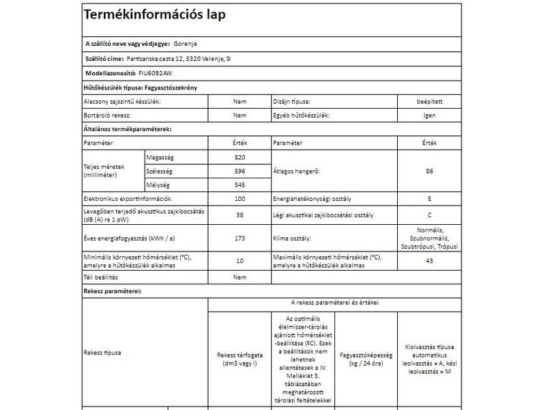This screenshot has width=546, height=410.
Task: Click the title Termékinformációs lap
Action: click(154, 15)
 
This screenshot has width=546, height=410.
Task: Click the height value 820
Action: click(240, 158)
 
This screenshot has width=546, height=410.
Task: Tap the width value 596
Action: click(240, 172)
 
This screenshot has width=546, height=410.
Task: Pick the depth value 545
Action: click(240, 185)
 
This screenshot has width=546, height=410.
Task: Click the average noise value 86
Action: click(429, 172)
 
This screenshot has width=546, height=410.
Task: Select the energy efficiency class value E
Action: click(429, 199)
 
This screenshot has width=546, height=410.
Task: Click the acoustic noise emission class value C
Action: click(429, 215)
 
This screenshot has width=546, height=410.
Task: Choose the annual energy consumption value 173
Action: click(240, 238)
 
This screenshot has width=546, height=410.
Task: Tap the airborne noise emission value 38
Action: click(240, 215)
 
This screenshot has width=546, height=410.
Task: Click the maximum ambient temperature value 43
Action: click(429, 260)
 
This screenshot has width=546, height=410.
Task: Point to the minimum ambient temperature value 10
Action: click(240, 260)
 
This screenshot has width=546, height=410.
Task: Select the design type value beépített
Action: click(429, 101)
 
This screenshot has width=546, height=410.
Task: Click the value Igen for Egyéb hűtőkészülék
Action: click(429, 115)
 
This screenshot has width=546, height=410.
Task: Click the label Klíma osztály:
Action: click(292, 238)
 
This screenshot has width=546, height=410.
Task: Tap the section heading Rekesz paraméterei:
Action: click(112, 290)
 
